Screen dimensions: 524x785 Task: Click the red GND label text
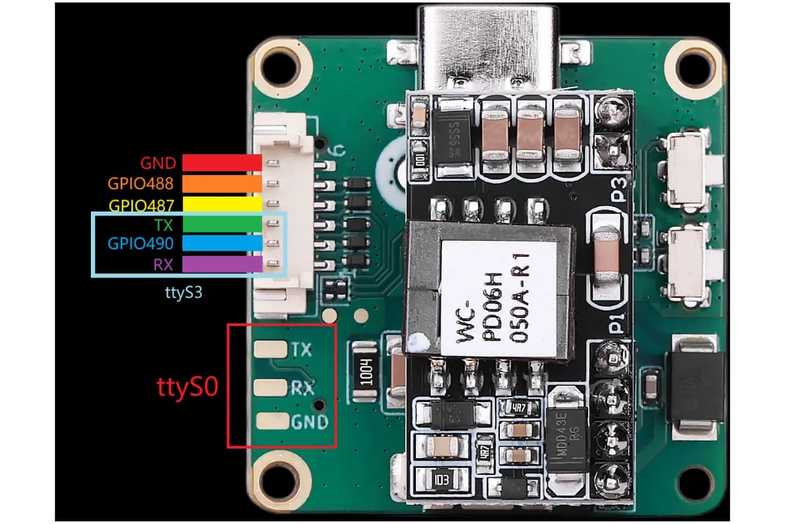pyautogui.click(x=158, y=163)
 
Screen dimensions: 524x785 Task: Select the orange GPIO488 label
pyautogui.click(x=141, y=184)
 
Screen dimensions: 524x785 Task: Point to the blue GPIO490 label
pyautogui.click(x=141, y=243)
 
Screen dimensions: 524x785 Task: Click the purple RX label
pyautogui.click(x=164, y=264)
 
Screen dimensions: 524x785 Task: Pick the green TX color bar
pyautogui.click(x=221, y=223)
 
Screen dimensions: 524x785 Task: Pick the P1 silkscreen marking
pyautogui.click(x=617, y=324)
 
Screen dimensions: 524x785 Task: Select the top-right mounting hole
pyautogui.click(x=693, y=65)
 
